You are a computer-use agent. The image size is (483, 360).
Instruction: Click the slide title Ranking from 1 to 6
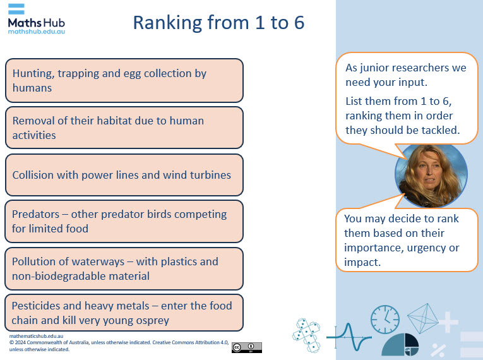[x=218, y=23]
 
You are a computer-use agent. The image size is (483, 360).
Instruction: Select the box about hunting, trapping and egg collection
[x=124, y=80]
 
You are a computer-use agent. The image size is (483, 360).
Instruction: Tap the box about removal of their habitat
[x=124, y=128]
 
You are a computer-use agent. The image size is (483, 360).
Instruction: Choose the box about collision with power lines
[x=124, y=175]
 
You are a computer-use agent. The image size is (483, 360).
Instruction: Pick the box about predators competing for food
[x=124, y=222]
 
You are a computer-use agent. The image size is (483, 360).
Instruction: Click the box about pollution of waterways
[x=124, y=268]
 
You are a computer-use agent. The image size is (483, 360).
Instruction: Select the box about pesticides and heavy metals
[x=124, y=313]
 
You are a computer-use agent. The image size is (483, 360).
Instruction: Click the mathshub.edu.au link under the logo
[x=37, y=31]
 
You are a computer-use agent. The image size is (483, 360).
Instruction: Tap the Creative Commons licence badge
[x=246, y=347]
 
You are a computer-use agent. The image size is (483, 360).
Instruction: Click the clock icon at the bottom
[x=385, y=320]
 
